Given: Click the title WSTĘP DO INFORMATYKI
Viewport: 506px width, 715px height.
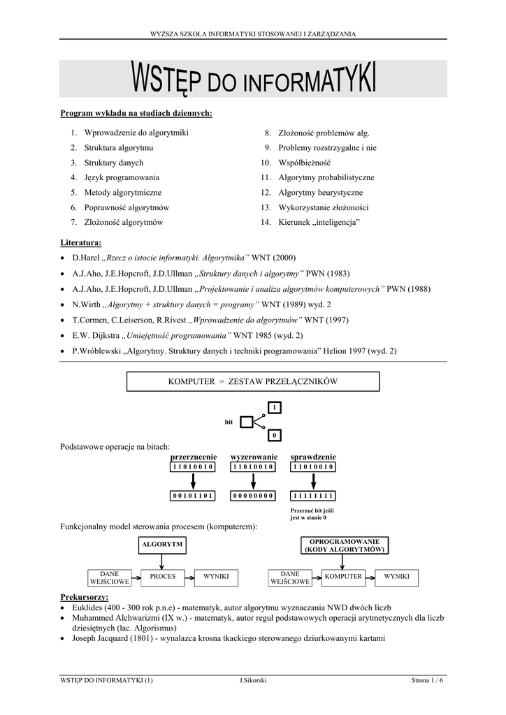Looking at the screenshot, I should coord(253,79).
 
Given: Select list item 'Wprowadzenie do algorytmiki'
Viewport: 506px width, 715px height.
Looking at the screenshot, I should coord(136,132).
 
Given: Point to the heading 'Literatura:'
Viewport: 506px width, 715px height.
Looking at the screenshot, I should coord(81,242).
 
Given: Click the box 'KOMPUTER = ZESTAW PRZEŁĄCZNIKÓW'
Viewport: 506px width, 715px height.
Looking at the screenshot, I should coord(253,381).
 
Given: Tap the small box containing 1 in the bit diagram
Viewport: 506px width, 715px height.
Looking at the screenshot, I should coord(275,407).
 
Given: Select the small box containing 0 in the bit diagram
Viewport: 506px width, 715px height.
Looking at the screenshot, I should coord(275,435).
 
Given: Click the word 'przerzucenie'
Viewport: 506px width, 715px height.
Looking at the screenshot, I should coord(194,457).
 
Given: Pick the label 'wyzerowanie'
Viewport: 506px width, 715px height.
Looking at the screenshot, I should coord(254,457).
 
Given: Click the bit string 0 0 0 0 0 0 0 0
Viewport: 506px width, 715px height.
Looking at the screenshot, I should coord(254,496).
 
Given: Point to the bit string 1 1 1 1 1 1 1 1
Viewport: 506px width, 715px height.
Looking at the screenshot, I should coord(313,496).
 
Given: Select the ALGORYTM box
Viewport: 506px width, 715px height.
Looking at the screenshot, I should coord(162,544).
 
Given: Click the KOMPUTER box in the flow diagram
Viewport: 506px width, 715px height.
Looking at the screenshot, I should coord(342,577).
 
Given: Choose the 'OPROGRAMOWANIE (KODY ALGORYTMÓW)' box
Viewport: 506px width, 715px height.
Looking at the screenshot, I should coord(342,545).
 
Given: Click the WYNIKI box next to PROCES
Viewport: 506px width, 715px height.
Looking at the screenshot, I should coord(216,577).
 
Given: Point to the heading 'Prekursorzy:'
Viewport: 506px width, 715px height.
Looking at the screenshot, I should coord(85,598).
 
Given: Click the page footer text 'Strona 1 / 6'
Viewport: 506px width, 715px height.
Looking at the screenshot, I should coord(427,681).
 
